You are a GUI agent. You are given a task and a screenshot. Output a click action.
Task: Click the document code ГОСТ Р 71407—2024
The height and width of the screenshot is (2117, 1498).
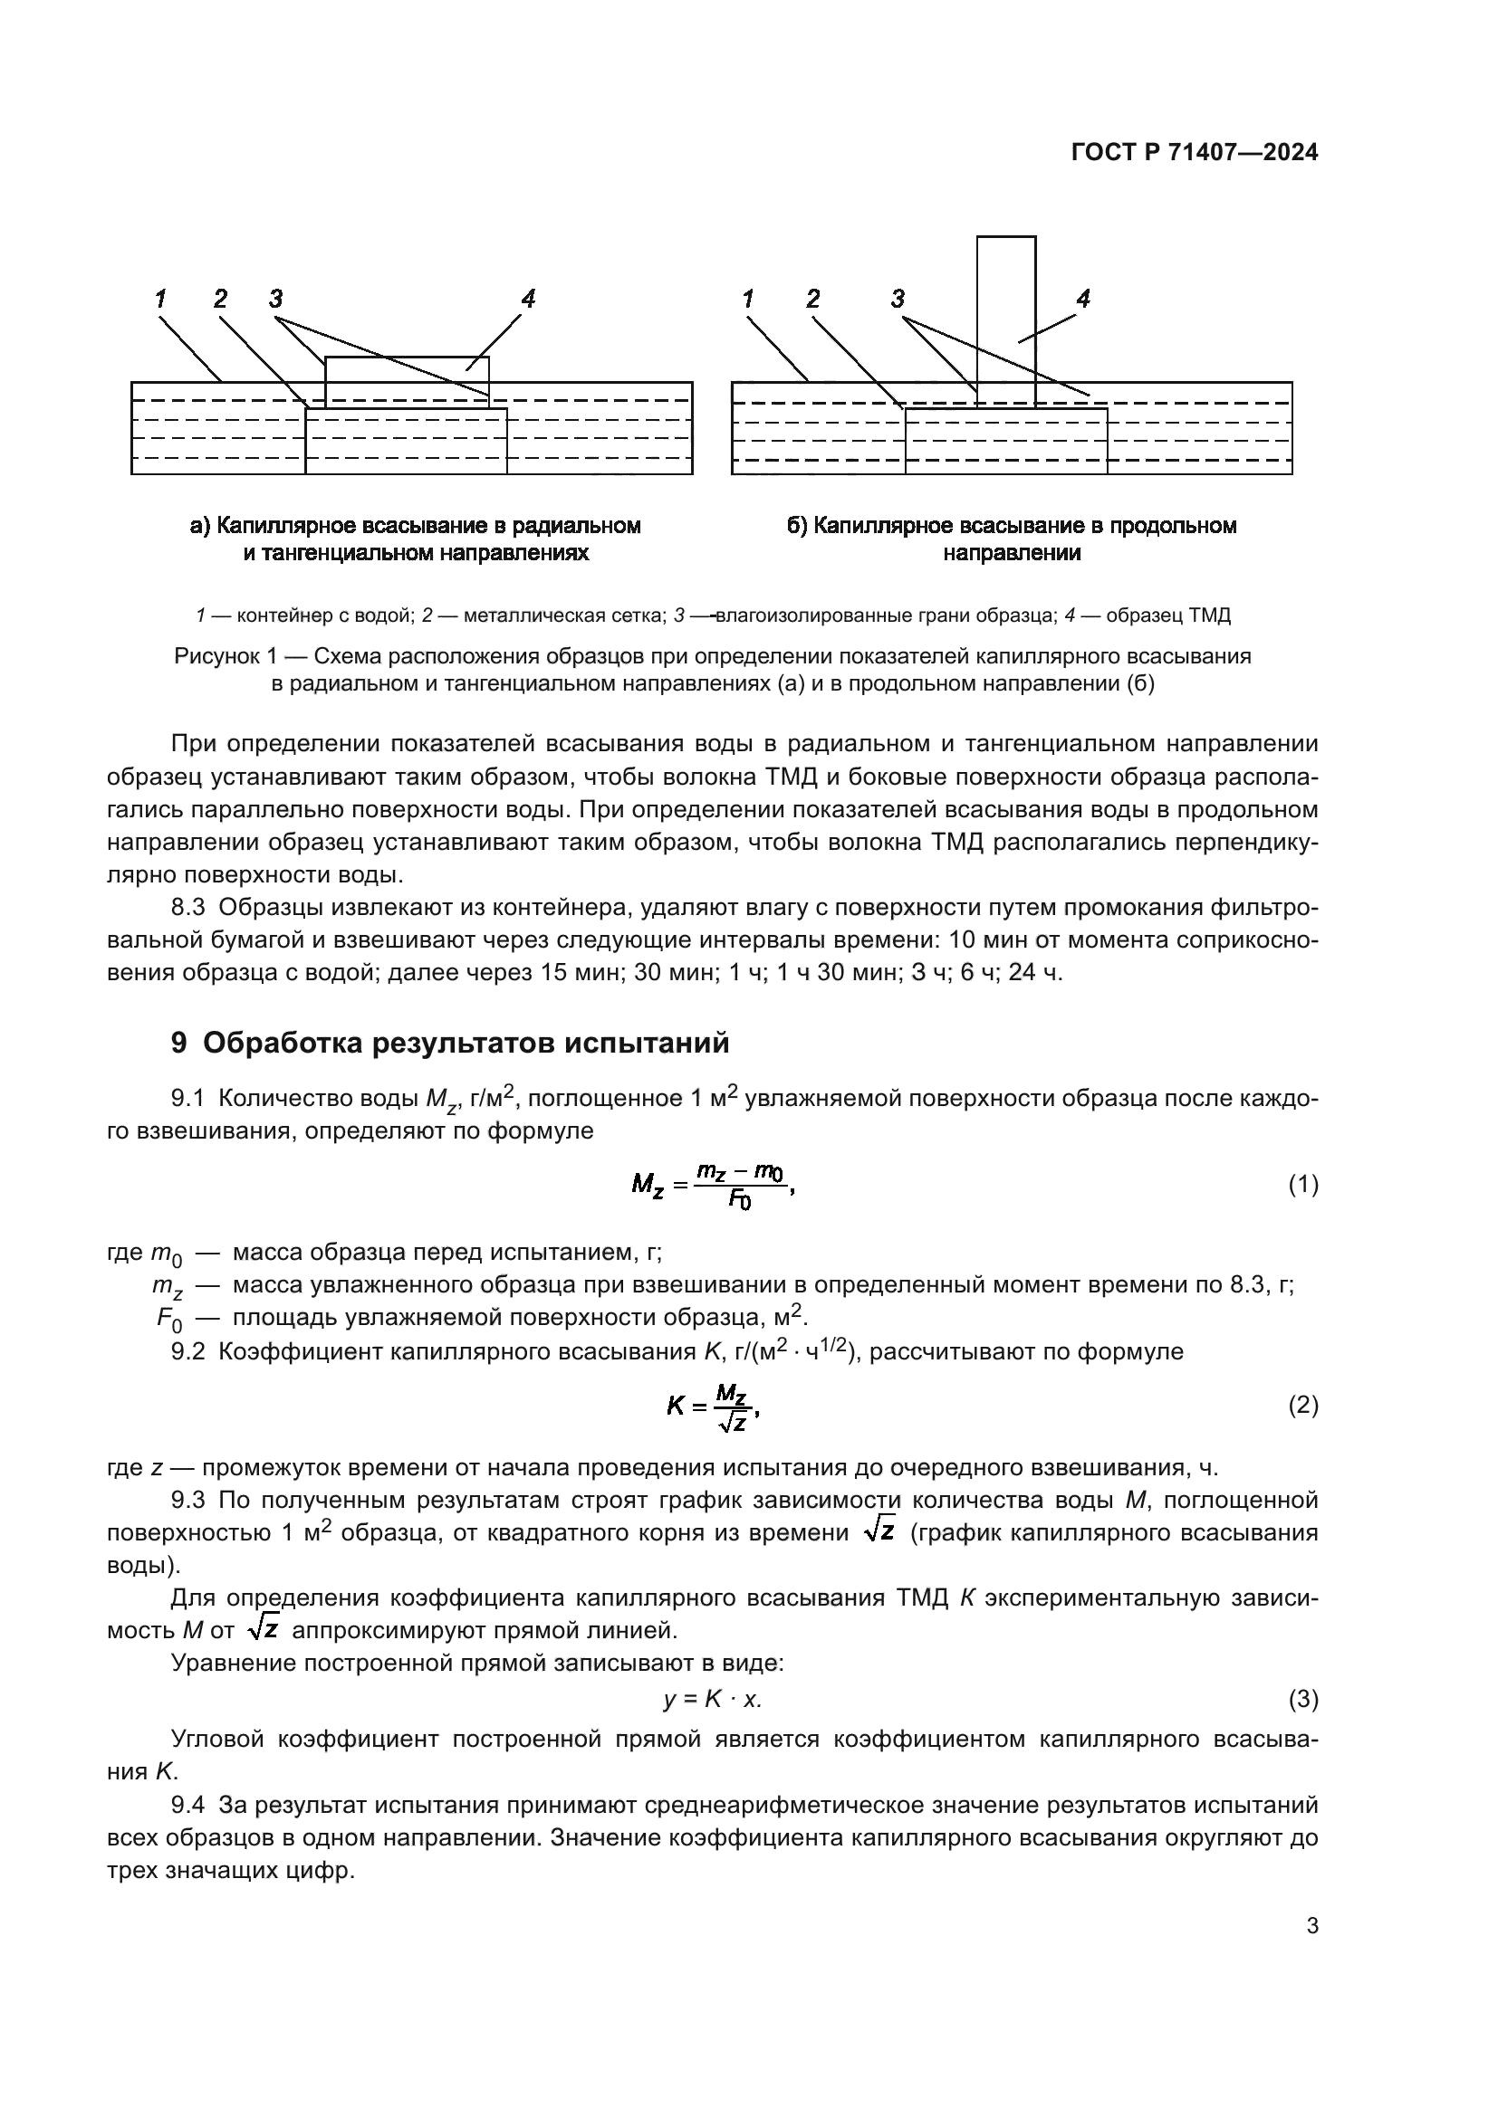tap(1194, 153)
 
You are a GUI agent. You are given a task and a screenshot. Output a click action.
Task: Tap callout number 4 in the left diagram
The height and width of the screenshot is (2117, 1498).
tap(528, 299)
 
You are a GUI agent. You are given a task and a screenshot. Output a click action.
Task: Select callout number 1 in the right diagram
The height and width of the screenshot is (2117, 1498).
tap(747, 299)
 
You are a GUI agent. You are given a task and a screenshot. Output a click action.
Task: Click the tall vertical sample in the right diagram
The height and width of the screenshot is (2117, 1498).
tap(1005, 318)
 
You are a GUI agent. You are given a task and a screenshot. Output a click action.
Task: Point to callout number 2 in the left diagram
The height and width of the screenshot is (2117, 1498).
tap(219, 299)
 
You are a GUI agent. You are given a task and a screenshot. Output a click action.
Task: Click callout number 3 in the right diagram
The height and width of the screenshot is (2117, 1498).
tap(898, 299)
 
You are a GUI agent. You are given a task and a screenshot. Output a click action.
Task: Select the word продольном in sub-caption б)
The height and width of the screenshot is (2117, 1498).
tap(1171, 526)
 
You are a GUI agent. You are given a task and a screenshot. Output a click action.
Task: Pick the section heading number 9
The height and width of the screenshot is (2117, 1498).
tap(179, 1043)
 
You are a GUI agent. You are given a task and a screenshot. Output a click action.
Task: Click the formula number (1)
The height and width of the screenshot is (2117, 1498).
tap(1302, 1186)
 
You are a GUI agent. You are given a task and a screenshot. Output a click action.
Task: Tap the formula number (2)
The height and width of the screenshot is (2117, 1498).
tap(1302, 1407)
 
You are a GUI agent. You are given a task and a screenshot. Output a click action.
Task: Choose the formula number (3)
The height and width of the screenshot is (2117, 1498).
tap(1302, 1700)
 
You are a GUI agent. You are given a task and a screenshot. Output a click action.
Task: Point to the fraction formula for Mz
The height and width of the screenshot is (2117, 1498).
tap(711, 1186)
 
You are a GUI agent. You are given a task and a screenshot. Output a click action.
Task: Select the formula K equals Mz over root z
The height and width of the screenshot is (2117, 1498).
tap(712, 1407)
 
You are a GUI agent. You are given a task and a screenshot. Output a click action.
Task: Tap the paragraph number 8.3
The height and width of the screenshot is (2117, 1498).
tap(187, 907)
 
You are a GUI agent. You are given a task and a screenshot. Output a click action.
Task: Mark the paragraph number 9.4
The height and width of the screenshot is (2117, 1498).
tap(187, 1805)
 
